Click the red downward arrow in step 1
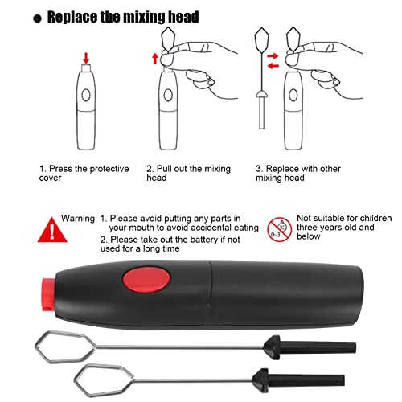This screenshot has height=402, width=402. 86,58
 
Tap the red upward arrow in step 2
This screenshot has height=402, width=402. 155,59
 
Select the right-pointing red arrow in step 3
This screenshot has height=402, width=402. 273,56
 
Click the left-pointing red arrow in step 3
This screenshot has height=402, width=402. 273,66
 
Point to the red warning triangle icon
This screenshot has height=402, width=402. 52,230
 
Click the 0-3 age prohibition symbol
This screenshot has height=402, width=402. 280,230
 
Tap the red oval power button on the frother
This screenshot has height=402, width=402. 146,281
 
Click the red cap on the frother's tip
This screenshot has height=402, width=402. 47,294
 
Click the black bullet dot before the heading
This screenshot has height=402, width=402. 37,18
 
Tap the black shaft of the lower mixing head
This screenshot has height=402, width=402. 306,380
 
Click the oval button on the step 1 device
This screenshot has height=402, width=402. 86,95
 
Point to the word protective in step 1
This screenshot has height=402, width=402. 109,169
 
